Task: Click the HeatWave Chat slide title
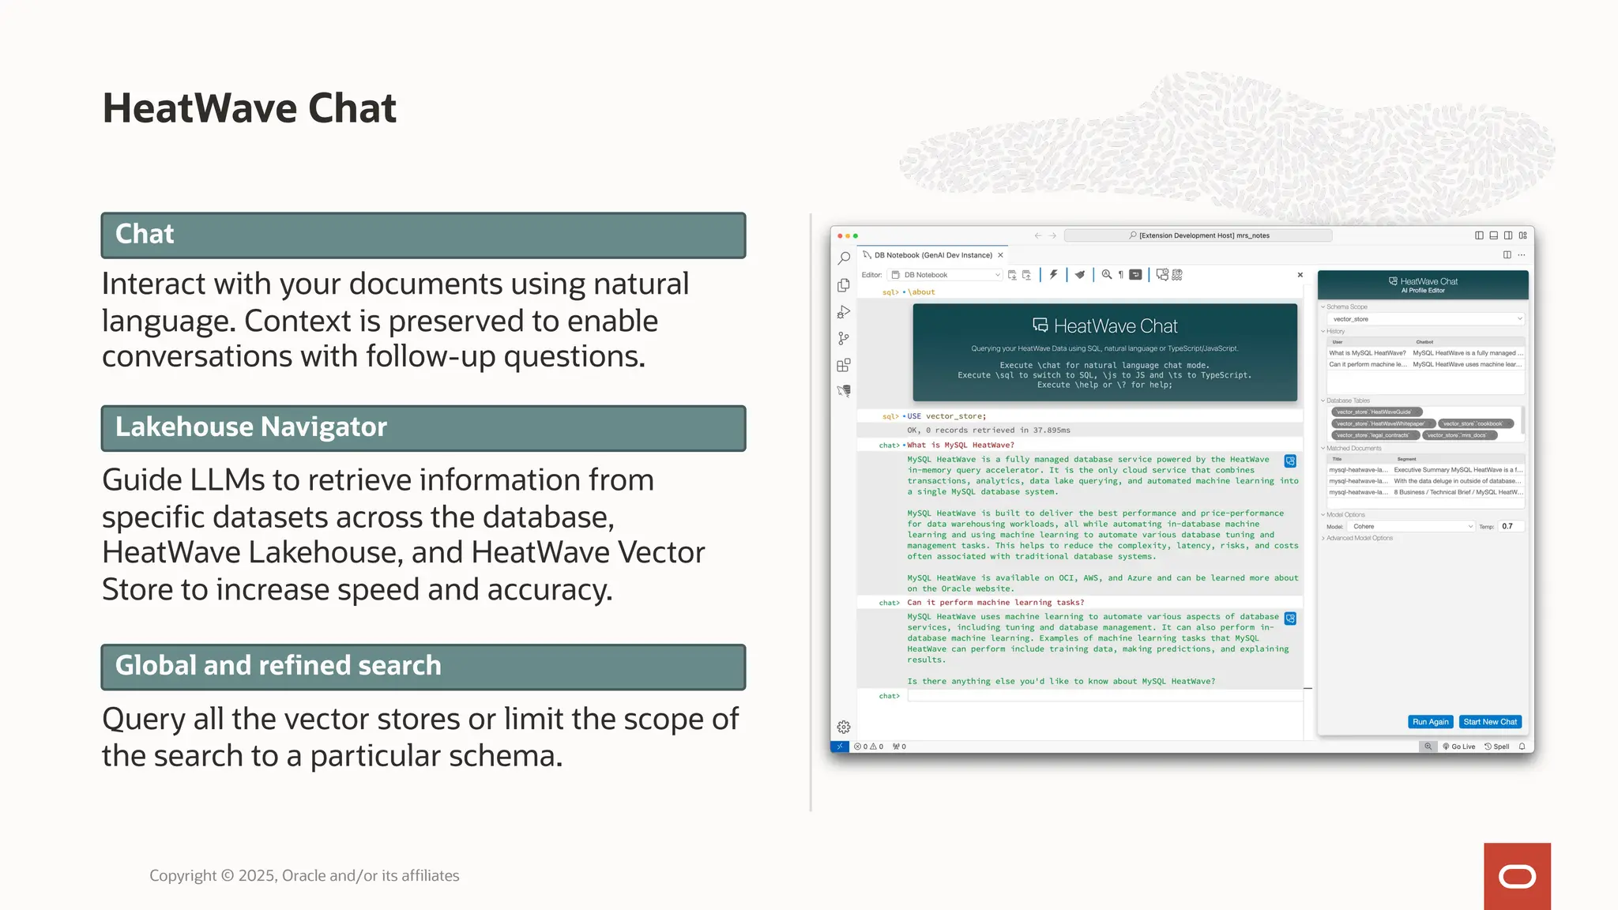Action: coord(249,108)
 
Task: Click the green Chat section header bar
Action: coord(423,235)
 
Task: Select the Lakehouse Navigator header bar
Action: coord(423,427)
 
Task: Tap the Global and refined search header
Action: coord(423,666)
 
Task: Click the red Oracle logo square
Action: coord(1517,876)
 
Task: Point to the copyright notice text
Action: coord(304,875)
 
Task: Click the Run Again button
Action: coord(1430,721)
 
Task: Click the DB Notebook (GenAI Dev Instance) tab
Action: coord(932,255)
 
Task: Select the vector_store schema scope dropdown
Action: coord(1424,319)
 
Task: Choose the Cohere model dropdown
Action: coord(1410,526)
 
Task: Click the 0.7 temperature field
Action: coord(1510,526)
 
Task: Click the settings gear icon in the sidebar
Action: coord(844,727)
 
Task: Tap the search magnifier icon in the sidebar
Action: coord(844,258)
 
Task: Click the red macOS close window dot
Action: coord(840,235)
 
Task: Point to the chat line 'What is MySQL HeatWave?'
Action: coord(960,445)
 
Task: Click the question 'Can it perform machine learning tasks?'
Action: coord(995,602)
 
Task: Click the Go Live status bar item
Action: coord(1459,746)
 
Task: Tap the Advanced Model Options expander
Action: coord(1359,538)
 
